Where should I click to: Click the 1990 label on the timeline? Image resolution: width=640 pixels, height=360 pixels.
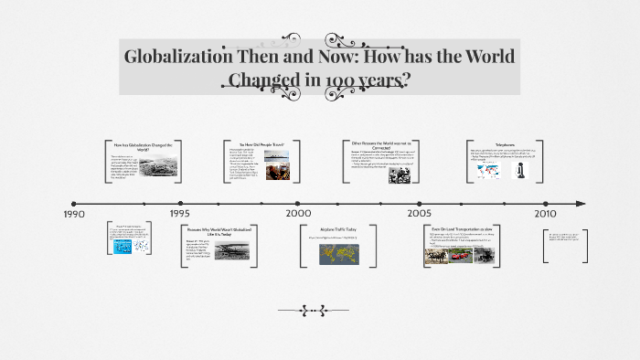point(75,213)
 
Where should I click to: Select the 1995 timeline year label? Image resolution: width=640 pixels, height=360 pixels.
point(179,213)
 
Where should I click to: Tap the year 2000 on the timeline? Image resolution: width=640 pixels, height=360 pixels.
point(298,213)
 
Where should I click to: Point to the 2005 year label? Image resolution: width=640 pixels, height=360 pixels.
point(420,213)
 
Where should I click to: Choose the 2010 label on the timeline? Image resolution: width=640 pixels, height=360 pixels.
point(546,213)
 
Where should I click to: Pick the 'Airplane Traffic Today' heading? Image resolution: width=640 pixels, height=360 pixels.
point(338,228)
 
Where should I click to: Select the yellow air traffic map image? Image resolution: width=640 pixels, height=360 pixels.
point(338,254)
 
